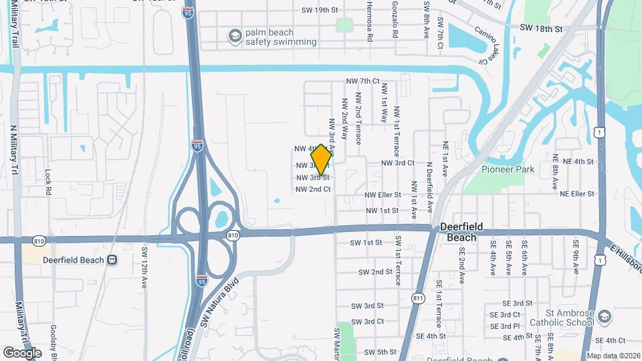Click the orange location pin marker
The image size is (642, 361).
[x=321, y=159]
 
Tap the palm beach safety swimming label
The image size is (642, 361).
[x=281, y=37]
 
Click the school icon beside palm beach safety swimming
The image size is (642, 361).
[x=235, y=36]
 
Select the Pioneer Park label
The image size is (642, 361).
[x=508, y=169]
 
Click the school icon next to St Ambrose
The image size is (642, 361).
[x=604, y=316]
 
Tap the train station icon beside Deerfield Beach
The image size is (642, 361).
[x=112, y=260]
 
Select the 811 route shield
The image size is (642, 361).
[x=419, y=297]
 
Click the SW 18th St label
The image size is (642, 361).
[x=541, y=29]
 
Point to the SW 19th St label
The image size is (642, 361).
[x=320, y=10]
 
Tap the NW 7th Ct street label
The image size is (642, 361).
[x=362, y=81]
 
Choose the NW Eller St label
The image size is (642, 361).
[x=382, y=195]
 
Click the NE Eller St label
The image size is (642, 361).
[x=577, y=194]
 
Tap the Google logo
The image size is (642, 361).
[x=22, y=352]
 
